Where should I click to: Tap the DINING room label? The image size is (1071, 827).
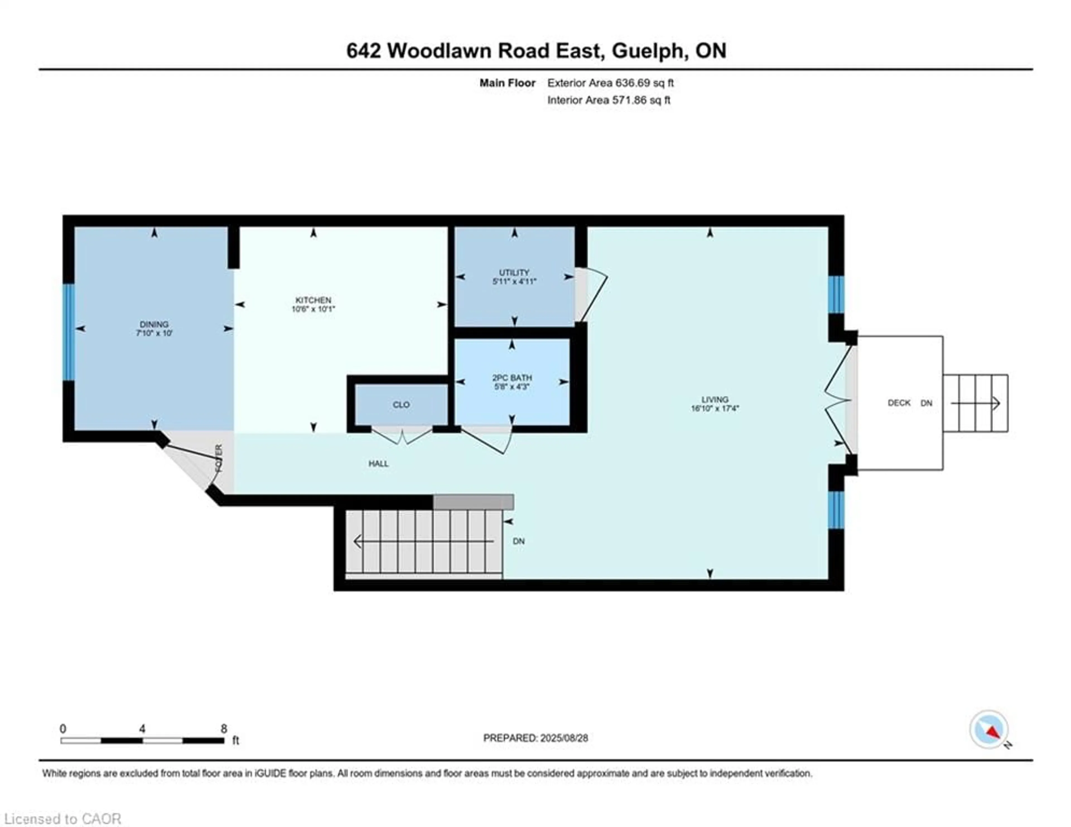pos(154,324)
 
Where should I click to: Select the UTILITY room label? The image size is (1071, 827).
pos(514,272)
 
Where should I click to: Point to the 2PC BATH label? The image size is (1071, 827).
pos(512,378)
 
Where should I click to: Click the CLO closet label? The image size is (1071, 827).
pos(401,405)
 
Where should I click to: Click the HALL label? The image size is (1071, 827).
pos(378,463)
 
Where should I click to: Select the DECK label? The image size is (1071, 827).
pos(899,403)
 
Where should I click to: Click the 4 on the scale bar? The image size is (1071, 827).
pos(142,729)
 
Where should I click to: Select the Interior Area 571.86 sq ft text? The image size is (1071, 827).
pos(609,100)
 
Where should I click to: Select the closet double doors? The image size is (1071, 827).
pos(402,436)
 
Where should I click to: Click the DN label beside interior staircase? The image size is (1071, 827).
pos(518,541)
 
